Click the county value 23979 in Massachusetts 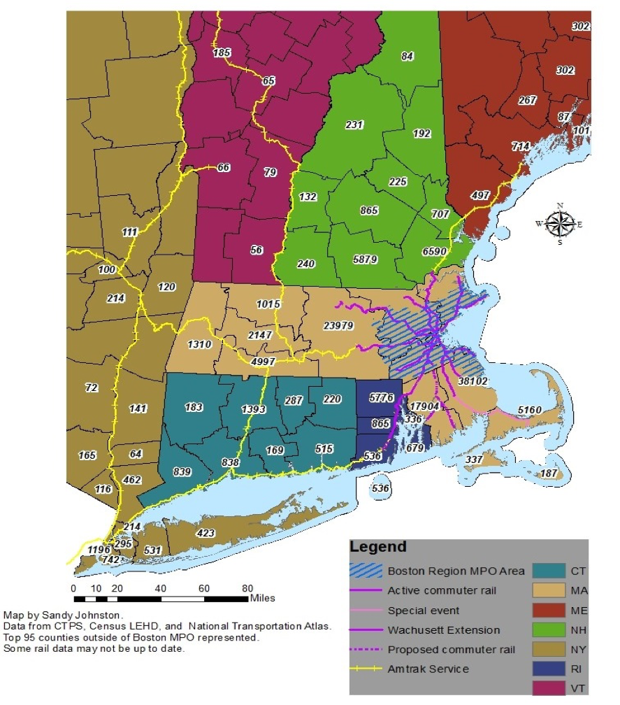pyautogui.click(x=338, y=325)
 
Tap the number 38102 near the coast pyautogui.click(x=473, y=382)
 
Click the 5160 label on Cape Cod pyautogui.click(x=530, y=409)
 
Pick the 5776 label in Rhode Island pyautogui.click(x=381, y=398)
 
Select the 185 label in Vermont pyautogui.click(x=222, y=52)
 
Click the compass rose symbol pyautogui.click(x=559, y=224)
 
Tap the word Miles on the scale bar pyautogui.click(x=263, y=598)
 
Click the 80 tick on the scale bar pyautogui.click(x=247, y=587)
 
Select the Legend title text pyautogui.click(x=378, y=548)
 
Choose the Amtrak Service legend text pyautogui.click(x=428, y=669)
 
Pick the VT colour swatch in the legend pyautogui.click(x=548, y=688)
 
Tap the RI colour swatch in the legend pyautogui.click(x=548, y=669)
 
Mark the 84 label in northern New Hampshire pyautogui.click(x=408, y=56)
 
